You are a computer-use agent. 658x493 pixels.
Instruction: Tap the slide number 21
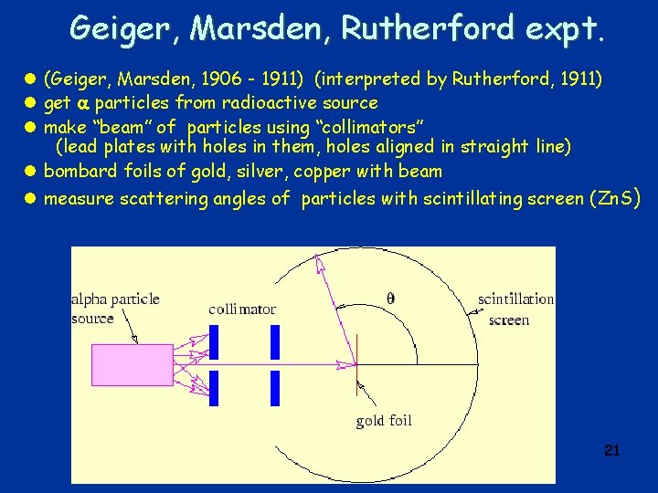pos(612,450)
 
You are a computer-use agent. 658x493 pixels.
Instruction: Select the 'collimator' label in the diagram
pos(242,309)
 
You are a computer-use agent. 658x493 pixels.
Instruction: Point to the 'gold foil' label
pos(384,421)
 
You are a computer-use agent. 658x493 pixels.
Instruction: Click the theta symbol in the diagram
pos(392,297)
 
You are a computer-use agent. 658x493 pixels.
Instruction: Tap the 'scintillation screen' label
pos(515,309)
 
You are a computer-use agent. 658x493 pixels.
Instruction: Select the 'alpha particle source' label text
pos(115,309)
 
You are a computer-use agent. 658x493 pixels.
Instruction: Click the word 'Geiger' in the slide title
pos(127,29)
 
